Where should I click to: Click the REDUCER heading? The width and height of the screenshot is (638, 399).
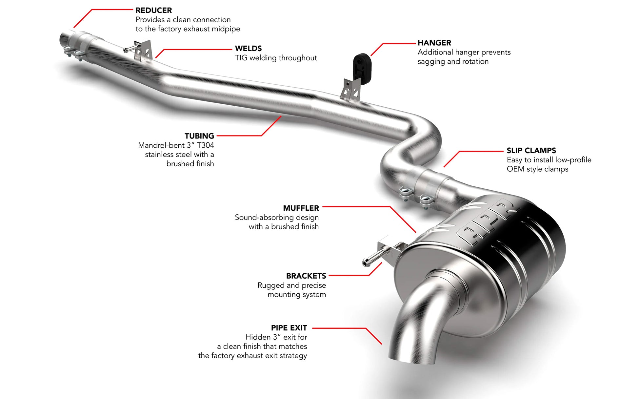pos(154,10)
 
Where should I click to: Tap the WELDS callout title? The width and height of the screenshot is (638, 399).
pos(248,49)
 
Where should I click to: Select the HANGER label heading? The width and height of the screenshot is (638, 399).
pos(434,43)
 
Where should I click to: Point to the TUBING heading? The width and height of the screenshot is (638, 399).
pos(199,136)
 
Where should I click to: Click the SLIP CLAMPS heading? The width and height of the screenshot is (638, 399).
pos(531,151)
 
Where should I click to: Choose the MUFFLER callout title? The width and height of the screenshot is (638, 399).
pos(301,208)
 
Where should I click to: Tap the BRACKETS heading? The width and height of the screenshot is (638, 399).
pos(306,276)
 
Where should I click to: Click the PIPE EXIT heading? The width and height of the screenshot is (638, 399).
pos(289,328)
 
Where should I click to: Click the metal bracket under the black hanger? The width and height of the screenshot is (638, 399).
pos(350,89)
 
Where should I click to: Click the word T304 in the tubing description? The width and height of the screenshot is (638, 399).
pos(206,145)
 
